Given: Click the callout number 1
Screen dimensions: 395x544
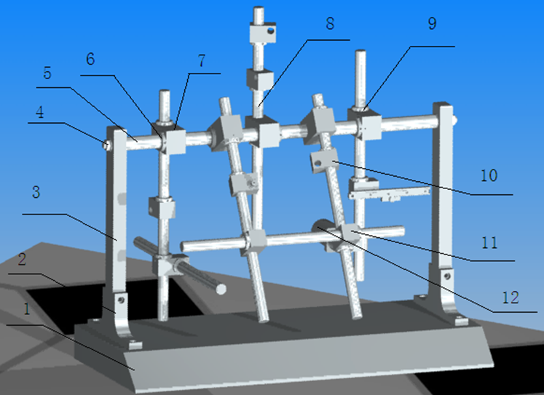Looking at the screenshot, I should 26,309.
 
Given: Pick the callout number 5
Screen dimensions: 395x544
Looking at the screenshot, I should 48,73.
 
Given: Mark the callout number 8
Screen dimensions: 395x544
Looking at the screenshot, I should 330,24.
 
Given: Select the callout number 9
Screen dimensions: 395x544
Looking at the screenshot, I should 432,24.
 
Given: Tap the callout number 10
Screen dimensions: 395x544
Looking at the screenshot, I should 490,176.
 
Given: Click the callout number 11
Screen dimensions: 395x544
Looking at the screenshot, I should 490,242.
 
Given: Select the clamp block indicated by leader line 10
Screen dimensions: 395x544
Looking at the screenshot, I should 322,160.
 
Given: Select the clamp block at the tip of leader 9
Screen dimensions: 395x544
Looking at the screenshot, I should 368,124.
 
